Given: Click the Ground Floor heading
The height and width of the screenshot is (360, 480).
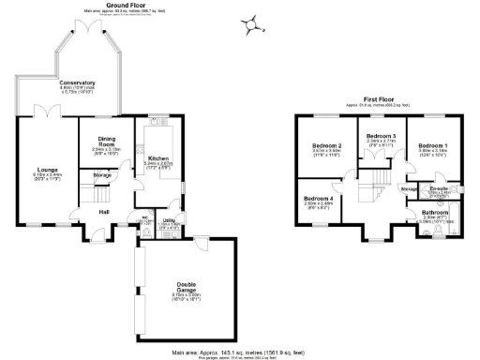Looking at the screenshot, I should coord(129,5).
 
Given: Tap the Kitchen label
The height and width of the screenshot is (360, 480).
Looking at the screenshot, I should coord(157,158).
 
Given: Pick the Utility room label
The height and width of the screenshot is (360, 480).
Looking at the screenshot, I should coord(170,220).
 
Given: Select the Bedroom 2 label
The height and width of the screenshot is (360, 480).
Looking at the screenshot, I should coord(325,146).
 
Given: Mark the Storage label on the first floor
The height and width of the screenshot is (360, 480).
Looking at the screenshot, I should coord(409,189).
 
